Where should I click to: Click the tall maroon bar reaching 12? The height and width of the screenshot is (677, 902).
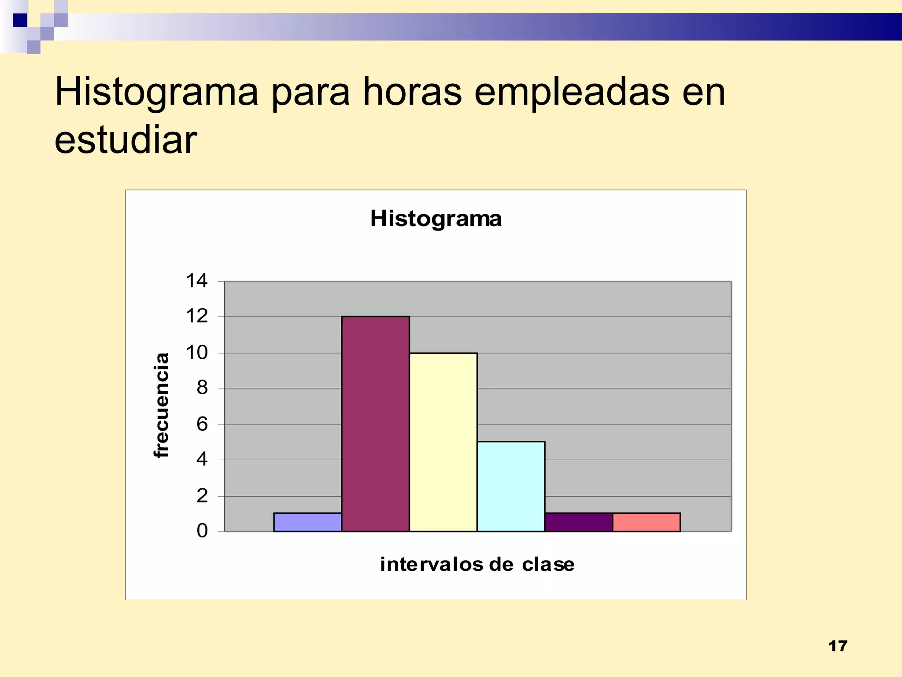375,423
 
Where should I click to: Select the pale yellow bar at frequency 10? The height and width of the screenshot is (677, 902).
443,442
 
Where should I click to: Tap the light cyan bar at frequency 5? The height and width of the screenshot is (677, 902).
511,486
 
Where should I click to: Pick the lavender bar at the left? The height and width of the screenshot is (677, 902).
307,522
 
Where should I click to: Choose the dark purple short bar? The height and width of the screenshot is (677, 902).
578,522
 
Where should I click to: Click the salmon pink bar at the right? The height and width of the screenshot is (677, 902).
646,522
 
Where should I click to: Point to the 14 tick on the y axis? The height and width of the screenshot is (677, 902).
196,281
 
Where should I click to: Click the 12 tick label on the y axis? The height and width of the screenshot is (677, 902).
196,316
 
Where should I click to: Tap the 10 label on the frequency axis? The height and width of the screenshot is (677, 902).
196,353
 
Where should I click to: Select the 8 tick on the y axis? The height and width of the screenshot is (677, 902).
202,388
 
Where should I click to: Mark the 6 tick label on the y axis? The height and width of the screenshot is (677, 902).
202,424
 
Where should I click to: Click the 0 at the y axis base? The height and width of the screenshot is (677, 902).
202,531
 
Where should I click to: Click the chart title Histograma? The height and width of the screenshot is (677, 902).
436,219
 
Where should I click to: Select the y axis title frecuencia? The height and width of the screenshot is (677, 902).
162,405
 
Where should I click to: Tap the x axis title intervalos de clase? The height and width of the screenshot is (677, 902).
477,565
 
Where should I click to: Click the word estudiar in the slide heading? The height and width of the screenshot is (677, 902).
126,140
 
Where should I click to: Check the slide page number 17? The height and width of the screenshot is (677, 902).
837,646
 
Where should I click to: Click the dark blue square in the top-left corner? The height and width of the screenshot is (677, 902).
20,20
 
